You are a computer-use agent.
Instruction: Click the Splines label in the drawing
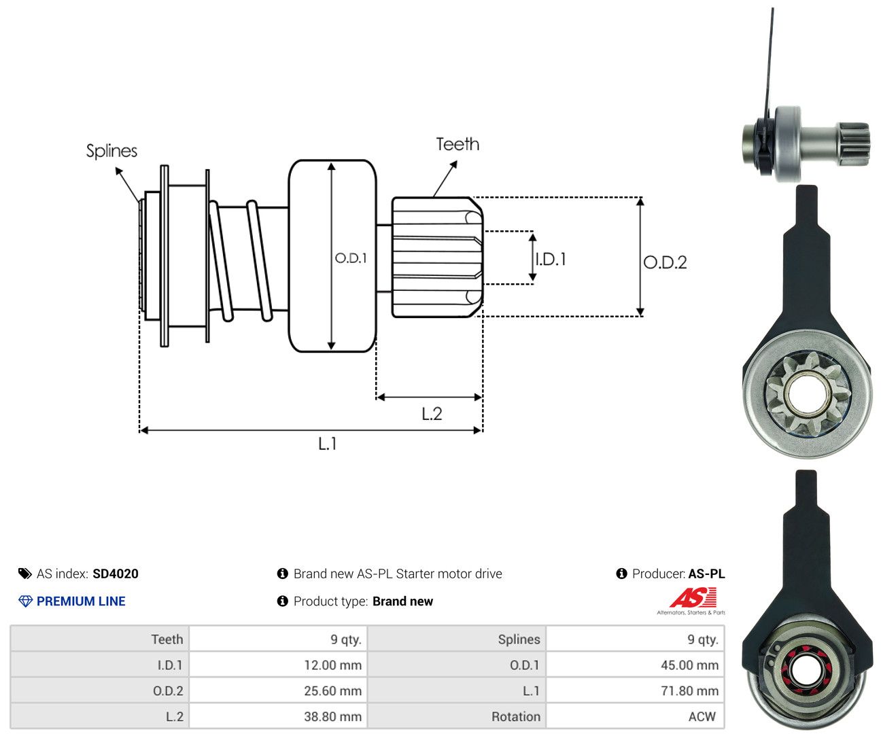pyautogui.click(x=111, y=151)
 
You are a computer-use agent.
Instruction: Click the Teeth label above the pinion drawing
pyautogui.click(x=457, y=144)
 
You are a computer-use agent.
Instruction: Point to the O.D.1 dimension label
pyautogui.click(x=351, y=258)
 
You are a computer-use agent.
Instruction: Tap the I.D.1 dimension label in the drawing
pyautogui.click(x=551, y=260)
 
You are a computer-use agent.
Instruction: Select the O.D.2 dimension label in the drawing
pyautogui.click(x=666, y=263)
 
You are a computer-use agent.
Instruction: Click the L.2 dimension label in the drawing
pyautogui.click(x=432, y=414)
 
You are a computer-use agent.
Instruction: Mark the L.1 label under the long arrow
pyautogui.click(x=328, y=444)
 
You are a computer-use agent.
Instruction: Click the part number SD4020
pyautogui.click(x=116, y=574)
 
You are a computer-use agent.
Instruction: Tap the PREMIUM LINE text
pyautogui.click(x=81, y=601)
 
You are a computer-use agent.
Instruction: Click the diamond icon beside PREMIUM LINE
pyautogui.click(x=25, y=601)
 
